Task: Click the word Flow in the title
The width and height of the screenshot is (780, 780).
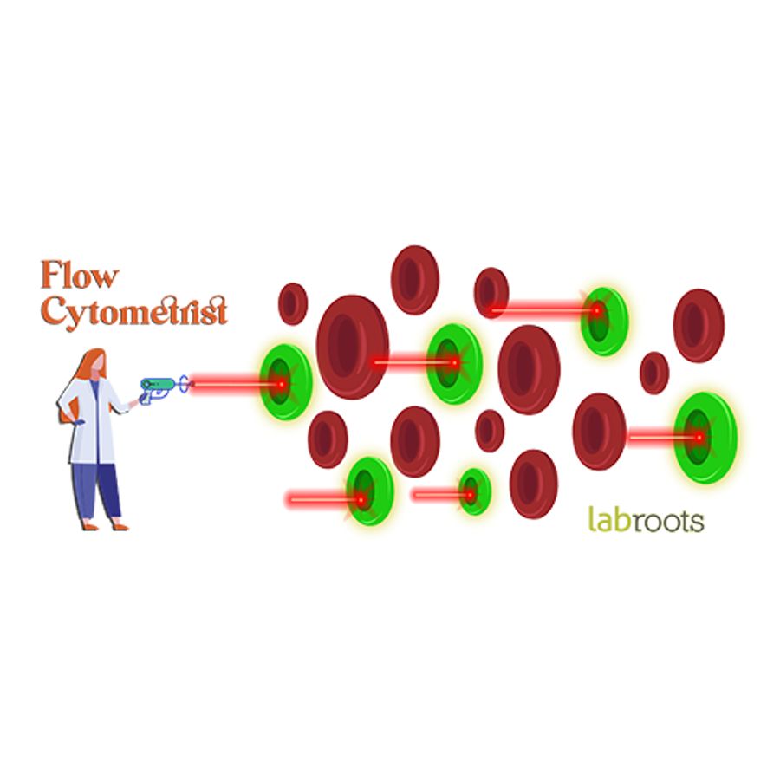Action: tap(79, 276)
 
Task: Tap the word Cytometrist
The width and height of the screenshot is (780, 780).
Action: tap(134, 311)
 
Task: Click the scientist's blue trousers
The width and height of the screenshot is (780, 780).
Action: tap(95, 490)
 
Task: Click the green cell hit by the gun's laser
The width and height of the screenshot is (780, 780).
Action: tap(286, 382)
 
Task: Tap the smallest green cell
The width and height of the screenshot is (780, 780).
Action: tap(475, 492)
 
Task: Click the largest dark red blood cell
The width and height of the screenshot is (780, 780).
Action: tap(352, 347)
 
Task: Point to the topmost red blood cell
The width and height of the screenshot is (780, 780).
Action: tap(415, 279)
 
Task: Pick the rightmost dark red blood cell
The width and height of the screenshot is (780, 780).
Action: tap(699, 325)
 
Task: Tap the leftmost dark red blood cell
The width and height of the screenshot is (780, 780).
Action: tap(293, 303)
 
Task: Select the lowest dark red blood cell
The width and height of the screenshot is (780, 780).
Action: tap(533, 484)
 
